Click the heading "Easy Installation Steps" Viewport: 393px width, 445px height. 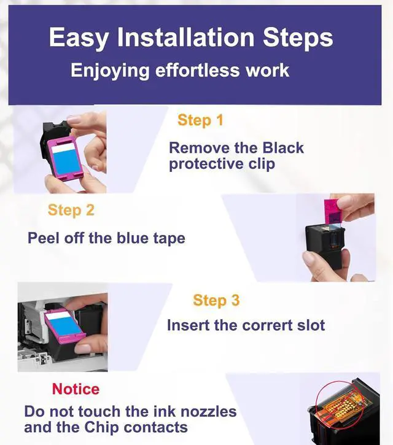pyautogui.click(x=191, y=37)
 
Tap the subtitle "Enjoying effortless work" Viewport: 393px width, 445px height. pyautogui.click(x=180, y=71)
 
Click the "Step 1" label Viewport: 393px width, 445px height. pyautogui.click(x=200, y=120)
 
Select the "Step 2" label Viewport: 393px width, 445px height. pyautogui.click(x=71, y=211)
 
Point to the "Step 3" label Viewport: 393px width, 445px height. pyautogui.click(x=216, y=301)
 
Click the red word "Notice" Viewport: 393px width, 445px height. pyautogui.click(x=76, y=389)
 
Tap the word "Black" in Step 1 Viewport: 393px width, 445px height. pyautogui.click(x=283, y=148)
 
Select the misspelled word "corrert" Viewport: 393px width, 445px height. pyautogui.click(x=267, y=325)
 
